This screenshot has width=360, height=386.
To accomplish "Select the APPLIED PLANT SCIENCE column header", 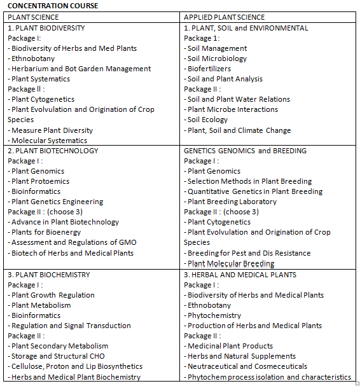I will coord(224,17).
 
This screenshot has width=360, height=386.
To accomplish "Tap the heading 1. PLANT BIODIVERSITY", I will coord(46,28).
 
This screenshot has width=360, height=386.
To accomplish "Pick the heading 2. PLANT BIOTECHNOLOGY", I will coord(53,151).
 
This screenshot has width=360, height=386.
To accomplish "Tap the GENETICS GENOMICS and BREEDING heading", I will coord(245,151).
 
